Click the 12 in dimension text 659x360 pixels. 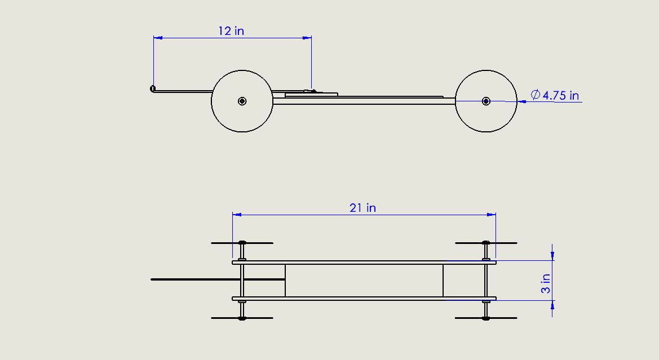pyautogui.click(x=231, y=31)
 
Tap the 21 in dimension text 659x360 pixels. pyautogui.click(x=362, y=208)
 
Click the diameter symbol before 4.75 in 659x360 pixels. pyautogui.click(x=536, y=95)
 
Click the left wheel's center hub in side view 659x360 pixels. pyautogui.click(x=242, y=101)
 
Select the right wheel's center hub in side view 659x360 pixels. pyautogui.click(x=486, y=101)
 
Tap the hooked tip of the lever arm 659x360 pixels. pyautogui.click(x=153, y=88)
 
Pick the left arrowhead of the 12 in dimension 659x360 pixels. pyautogui.click(x=158, y=38)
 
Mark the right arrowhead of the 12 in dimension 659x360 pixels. pyautogui.click(x=307, y=38)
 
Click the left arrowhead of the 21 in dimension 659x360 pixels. pyautogui.click(x=237, y=215)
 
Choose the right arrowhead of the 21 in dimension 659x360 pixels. pyautogui.click(x=492, y=215)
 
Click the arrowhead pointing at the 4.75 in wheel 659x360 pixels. pyautogui.click(x=521, y=101)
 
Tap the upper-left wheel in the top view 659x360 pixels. pyautogui.click(x=242, y=243)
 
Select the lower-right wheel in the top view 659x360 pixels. pyautogui.click(x=486, y=318)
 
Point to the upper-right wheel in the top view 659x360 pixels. pyautogui.click(x=486, y=243)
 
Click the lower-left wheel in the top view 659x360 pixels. pyautogui.click(x=242, y=318)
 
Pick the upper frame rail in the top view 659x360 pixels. pyautogui.click(x=364, y=262)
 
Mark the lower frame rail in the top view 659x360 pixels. pyautogui.click(x=364, y=299)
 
